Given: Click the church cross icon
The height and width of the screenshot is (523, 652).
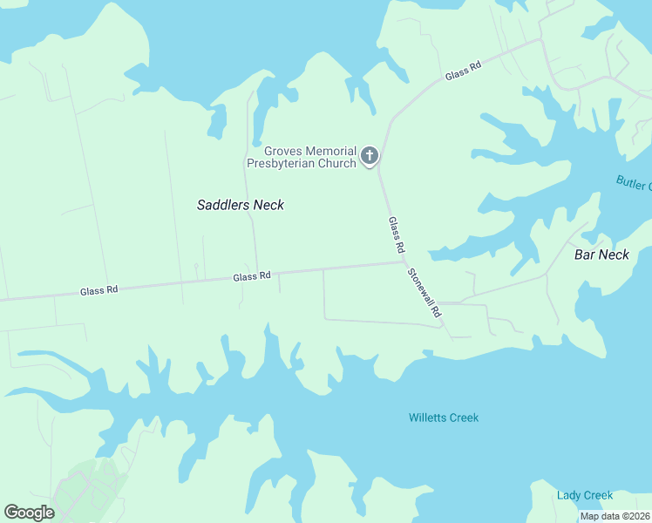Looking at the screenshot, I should [370, 157].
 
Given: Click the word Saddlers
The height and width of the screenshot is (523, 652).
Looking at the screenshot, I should [223, 205].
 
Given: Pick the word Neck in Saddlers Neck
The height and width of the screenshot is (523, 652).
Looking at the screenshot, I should [268, 205].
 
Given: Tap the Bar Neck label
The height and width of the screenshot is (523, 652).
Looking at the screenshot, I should [601, 255].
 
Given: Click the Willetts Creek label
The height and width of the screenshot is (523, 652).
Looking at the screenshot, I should [444, 418].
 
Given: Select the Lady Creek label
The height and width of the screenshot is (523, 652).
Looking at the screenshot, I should [585, 495].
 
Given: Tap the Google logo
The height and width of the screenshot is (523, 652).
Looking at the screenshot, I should [29, 513].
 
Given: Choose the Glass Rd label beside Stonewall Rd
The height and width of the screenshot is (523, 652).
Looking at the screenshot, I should [397, 236].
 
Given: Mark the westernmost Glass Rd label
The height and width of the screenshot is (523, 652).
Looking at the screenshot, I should [98, 291].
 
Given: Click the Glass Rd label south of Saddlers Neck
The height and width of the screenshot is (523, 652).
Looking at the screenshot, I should [251, 276].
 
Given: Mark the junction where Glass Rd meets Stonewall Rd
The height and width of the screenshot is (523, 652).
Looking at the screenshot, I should [404, 261].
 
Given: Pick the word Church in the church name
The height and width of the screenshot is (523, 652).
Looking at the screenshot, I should [336, 163].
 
